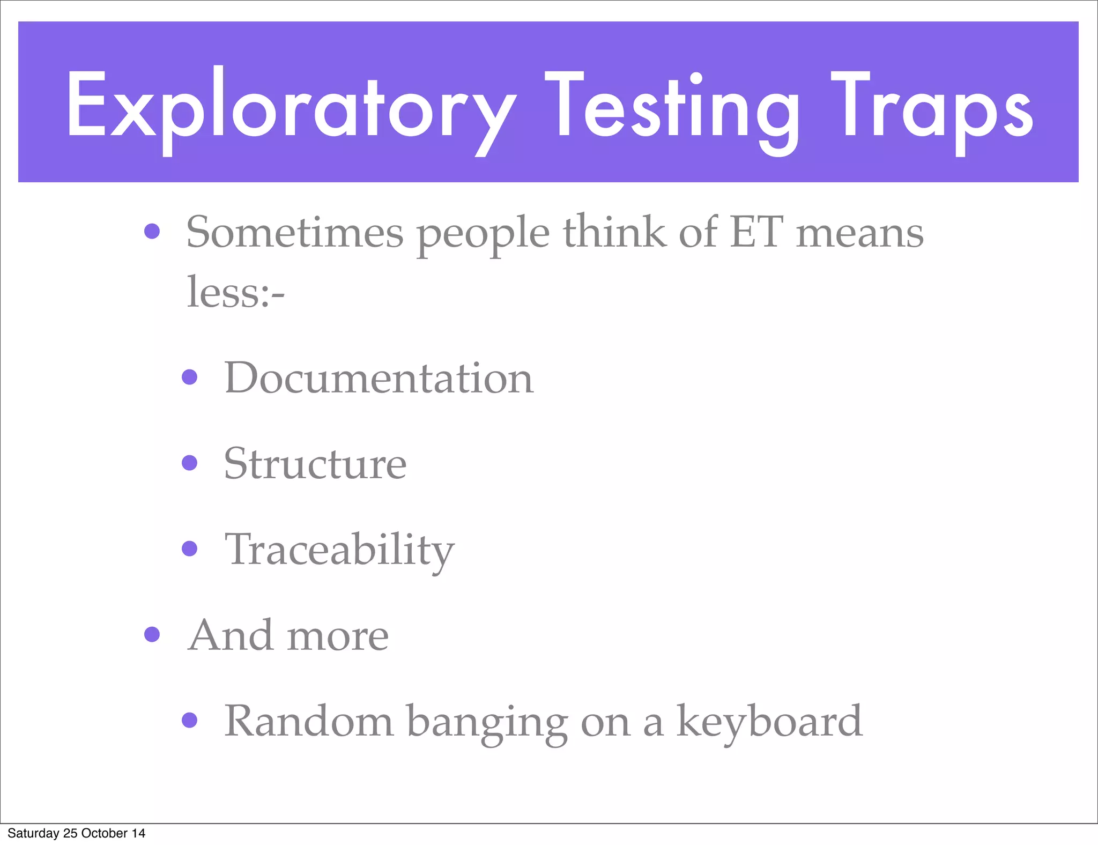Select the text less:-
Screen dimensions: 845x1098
pyautogui.click(x=235, y=292)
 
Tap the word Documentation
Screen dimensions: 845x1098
pyautogui.click(x=379, y=378)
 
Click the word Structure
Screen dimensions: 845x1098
pyautogui.click(x=315, y=463)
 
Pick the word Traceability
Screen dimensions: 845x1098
pyautogui.click(x=339, y=550)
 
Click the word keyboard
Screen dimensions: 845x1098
pyautogui.click(x=769, y=721)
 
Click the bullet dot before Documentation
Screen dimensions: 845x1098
pyautogui.click(x=190, y=377)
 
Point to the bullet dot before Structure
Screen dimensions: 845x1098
pyautogui.click(x=190, y=462)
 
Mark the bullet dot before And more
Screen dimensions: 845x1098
pyautogui.click(x=152, y=634)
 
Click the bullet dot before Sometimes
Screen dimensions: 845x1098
pyautogui.click(x=152, y=231)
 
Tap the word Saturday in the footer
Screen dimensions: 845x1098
pyautogui.click(x=33, y=833)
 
